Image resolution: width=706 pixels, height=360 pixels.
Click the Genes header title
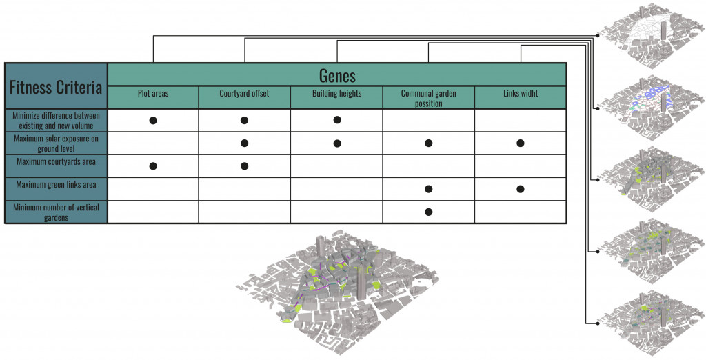(x=337, y=74)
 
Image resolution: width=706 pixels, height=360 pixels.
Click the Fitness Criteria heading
(x=56, y=87)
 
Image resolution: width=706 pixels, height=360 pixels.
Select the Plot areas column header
(x=153, y=93)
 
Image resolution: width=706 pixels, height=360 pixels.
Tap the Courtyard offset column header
(x=244, y=93)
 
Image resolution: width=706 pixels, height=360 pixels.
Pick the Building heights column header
(x=336, y=93)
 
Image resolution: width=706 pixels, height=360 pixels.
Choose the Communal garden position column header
(x=428, y=97)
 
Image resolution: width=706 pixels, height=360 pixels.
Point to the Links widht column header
(x=521, y=93)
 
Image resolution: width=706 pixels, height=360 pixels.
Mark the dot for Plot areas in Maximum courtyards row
(x=153, y=166)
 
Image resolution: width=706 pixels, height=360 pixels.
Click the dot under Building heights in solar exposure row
(x=337, y=143)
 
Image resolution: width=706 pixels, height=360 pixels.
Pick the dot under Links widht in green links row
(x=521, y=189)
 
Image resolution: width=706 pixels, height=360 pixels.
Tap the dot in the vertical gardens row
(x=428, y=212)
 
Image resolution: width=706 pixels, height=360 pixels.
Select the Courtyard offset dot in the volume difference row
(x=244, y=121)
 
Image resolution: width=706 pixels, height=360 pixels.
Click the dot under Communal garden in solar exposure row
(x=428, y=143)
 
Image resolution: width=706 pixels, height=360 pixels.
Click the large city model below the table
(x=338, y=290)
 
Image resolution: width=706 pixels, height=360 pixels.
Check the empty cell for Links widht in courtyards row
(x=521, y=166)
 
